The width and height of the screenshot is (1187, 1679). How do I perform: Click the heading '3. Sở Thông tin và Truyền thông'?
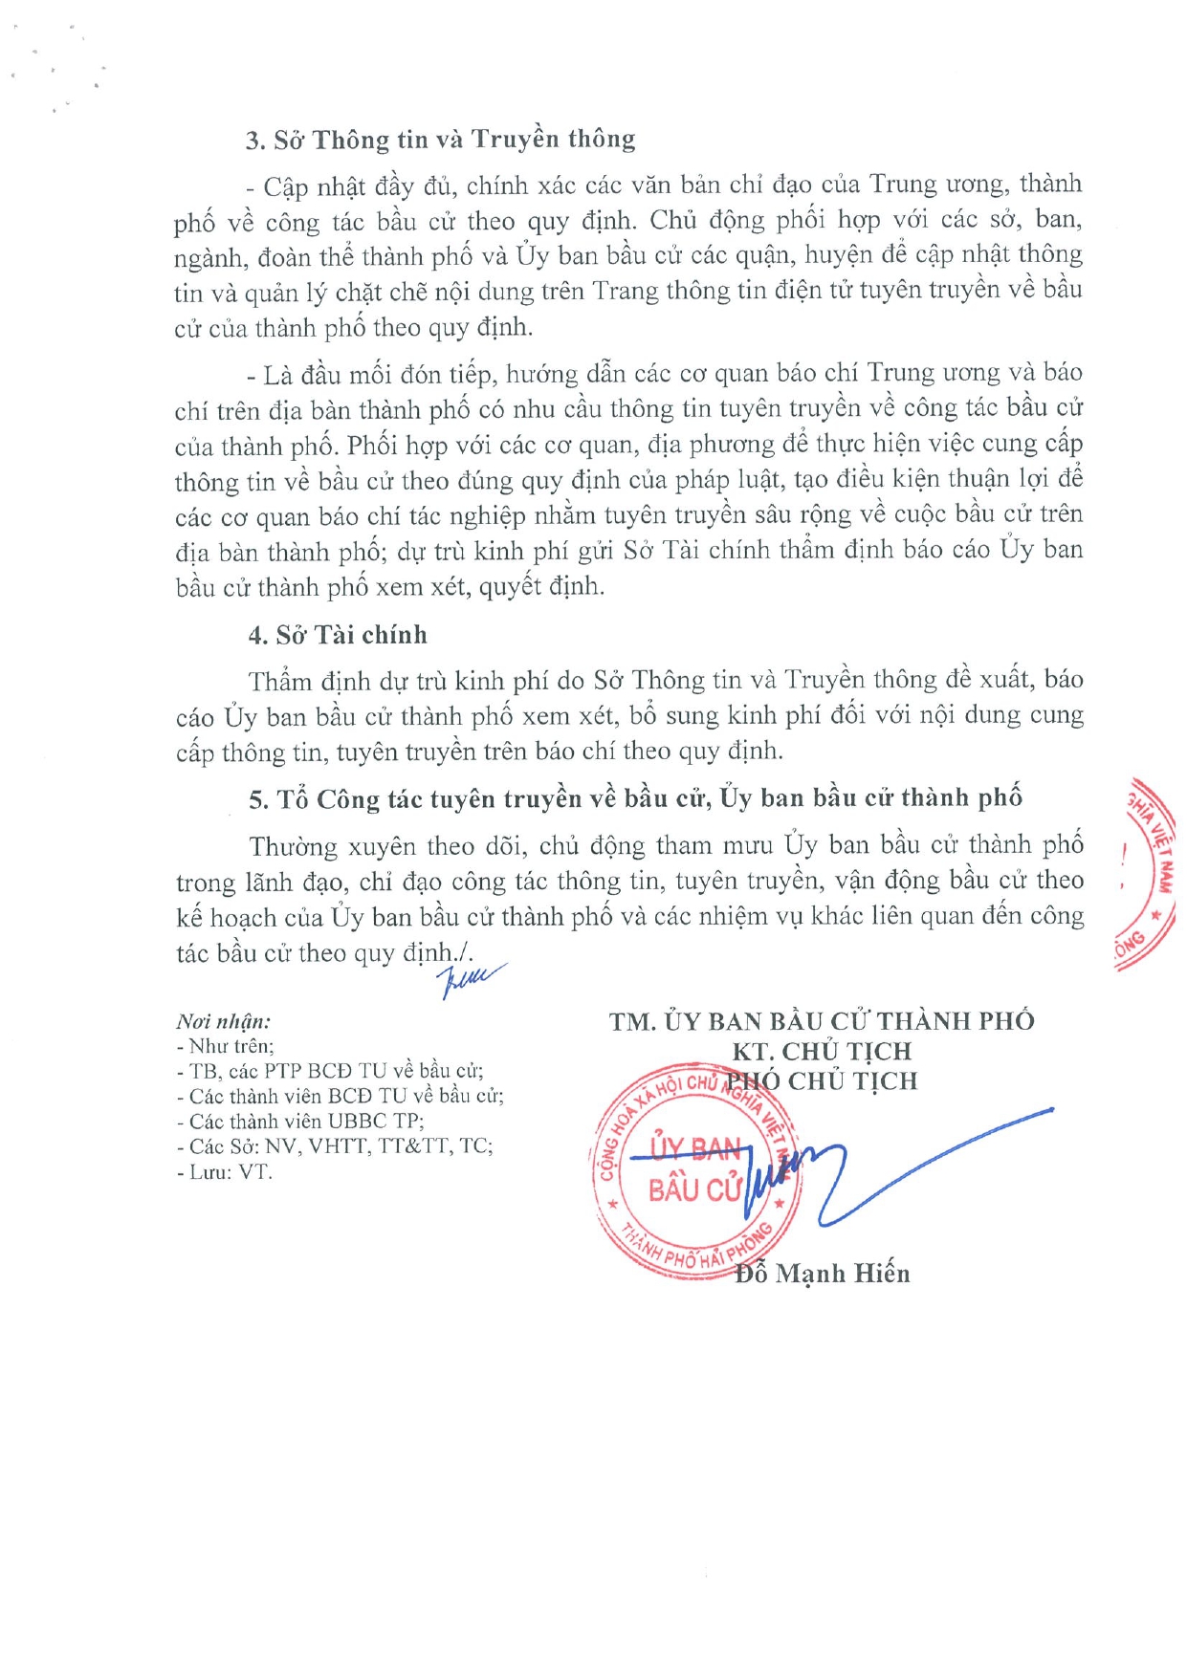click(x=440, y=141)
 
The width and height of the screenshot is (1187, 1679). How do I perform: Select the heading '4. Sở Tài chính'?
click(x=338, y=636)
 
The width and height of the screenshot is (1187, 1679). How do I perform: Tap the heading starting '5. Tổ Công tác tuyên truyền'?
click(x=635, y=798)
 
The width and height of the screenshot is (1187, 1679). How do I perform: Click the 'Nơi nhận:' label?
click(x=223, y=1021)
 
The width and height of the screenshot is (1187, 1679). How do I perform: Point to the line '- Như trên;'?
click(x=226, y=1046)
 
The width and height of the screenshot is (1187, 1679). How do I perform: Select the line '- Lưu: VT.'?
click(x=225, y=1172)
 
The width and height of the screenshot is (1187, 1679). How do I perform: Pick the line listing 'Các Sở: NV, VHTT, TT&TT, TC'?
click(x=335, y=1146)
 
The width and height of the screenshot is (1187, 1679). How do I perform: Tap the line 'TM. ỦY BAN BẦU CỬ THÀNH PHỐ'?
click(x=822, y=1022)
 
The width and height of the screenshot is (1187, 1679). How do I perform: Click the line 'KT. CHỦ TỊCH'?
click(x=822, y=1052)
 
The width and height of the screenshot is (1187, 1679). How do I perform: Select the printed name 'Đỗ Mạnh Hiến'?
click(x=823, y=1274)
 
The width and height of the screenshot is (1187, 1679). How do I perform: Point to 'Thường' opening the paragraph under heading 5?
click(x=293, y=847)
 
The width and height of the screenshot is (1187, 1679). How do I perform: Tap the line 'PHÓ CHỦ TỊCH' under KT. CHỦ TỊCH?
click(x=822, y=1081)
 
